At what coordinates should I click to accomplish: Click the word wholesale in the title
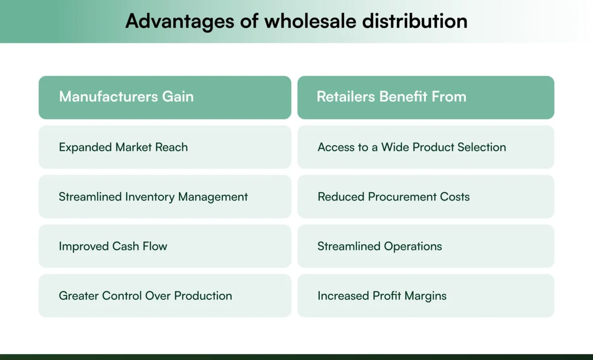[x=304, y=21]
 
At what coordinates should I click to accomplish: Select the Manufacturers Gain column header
[x=165, y=97]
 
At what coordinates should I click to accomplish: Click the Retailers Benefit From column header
[x=426, y=97]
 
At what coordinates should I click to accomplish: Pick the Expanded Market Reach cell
[x=165, y=147]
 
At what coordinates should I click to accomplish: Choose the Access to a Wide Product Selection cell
[x=426, y=147]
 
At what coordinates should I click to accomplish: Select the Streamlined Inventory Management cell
[x=165, y=197]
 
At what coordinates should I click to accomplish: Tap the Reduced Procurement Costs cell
[x=426, y=197]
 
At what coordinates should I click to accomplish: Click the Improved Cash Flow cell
[x=165, y=246]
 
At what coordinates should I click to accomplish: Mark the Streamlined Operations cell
[x=426, y=246]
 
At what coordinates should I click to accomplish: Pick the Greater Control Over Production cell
[x=165, y=296]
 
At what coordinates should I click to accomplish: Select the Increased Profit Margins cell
[x=426, y=296]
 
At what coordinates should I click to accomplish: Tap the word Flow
[x=155, y=246]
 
